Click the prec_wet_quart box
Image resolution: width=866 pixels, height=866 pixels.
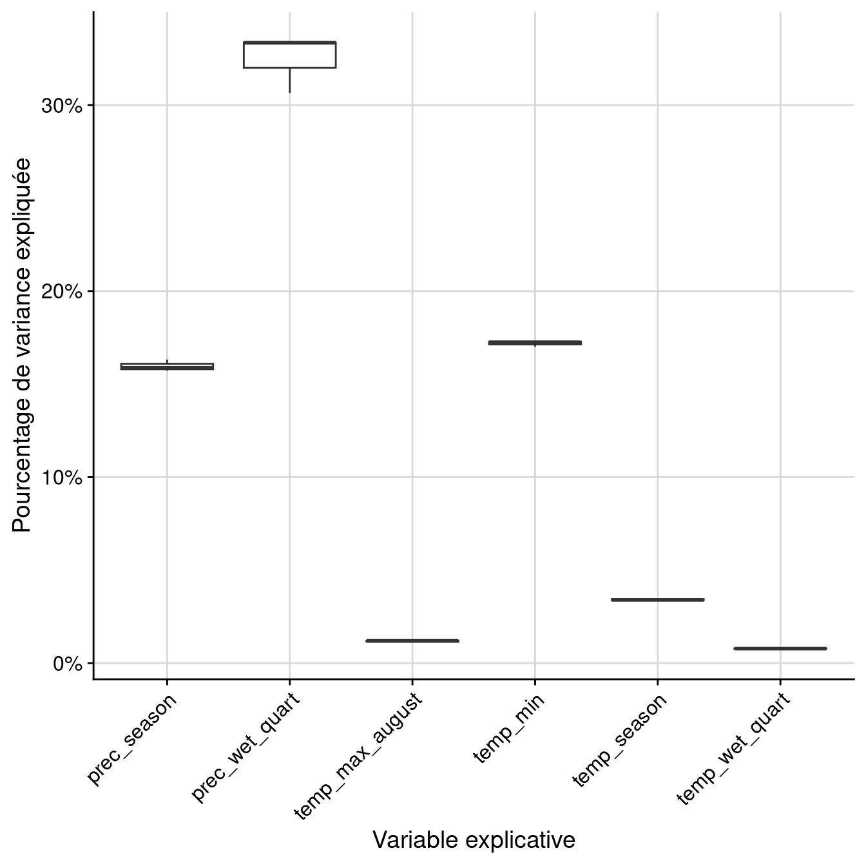[289, 55]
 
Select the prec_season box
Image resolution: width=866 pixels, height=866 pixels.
[167, 366]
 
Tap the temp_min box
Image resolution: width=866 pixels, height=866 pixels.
[535, 343]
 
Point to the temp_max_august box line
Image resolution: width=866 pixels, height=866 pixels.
[412, 640]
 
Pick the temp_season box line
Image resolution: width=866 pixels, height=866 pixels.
[657, 599]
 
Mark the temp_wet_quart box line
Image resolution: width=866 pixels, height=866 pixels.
[780, 648]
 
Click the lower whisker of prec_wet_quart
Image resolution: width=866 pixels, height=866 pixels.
[289, 80]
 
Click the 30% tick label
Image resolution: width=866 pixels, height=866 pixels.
[62, 106]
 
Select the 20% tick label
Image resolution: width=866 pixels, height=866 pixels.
[62, 292]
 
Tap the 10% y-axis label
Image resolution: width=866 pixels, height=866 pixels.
[62, 478]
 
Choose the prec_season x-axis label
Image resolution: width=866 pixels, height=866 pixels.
[133, 738]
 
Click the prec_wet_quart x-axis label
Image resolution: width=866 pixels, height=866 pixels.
[246, 747]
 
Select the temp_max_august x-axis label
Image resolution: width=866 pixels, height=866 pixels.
[358, 755]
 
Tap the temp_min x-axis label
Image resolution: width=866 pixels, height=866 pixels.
[509, 728]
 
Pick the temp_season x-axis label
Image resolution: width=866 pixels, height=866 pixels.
[620, 740]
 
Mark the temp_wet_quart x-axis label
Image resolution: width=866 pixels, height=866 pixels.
[733, 749]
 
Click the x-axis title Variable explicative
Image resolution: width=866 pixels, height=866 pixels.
[474, 840]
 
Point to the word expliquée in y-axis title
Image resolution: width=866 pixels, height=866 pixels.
[22, 203]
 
